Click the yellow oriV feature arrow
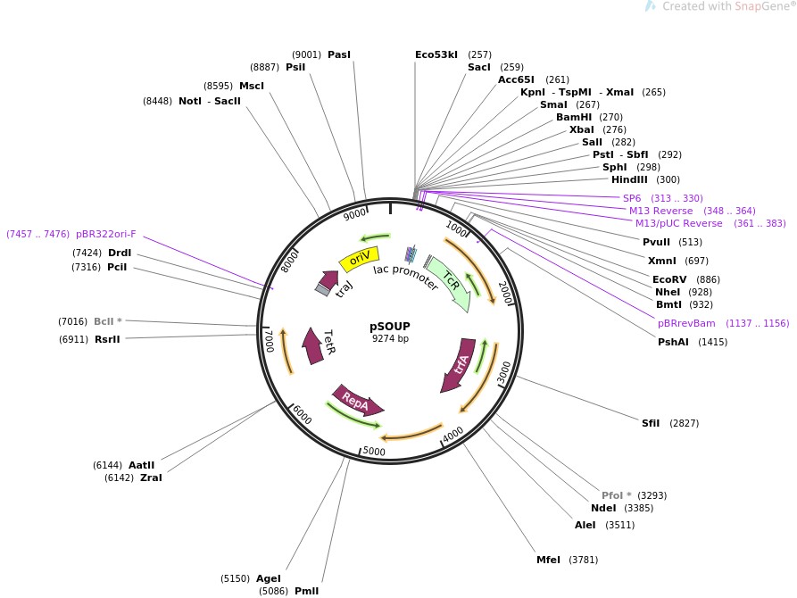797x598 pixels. coord(359,260)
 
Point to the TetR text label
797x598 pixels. coord(328,343)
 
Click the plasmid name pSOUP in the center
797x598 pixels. coord(390,326)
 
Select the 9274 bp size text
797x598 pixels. coord(390,338)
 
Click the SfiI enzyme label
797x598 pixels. coord(651,423)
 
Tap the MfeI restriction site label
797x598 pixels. coord(548,560)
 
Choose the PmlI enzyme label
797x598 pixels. coord(306,591)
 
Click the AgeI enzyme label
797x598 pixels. coord(269,578)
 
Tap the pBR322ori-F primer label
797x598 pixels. coord(106,234)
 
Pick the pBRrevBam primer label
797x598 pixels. coord(686,323)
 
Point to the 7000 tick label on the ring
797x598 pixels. coord(270,340)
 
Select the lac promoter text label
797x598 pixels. coord(405,277)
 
